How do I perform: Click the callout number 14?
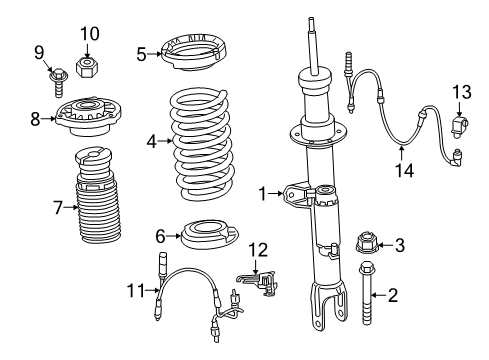(x=404, y=170)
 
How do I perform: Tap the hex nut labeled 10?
(x=87, y=67)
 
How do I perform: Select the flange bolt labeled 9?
(x=59, y=82)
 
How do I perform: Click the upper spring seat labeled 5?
(x=194, y=55)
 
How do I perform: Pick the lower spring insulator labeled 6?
(x=210, y=234)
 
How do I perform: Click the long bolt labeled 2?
(x=366, y=293)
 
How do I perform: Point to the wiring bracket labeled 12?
(x=258, y=282)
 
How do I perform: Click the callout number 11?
(x=136, y=290)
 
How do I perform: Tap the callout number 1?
(x=263, y=194)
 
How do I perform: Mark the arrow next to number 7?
(x=71, y=207)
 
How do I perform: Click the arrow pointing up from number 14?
(x=402, y=154)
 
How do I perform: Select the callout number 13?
(x=462, y=92)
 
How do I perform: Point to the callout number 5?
(x=141, y=54)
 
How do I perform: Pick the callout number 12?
(x=258, y=250)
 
